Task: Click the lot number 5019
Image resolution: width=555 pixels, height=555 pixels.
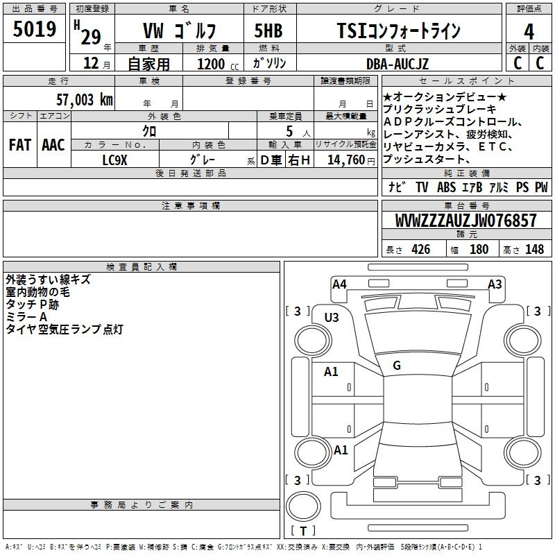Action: tap(34, 29)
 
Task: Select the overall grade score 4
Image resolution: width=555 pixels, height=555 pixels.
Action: tap(529, 32)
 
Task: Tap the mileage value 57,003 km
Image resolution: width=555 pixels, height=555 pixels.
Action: tap(85, 100)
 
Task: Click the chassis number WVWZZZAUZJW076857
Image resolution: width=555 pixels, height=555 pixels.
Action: tap(466, 221)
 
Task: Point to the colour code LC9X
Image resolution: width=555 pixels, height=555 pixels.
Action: tap(114, 160)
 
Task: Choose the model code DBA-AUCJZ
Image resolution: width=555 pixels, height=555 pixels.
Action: tap(398, 64)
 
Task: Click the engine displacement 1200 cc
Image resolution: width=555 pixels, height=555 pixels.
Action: tap(218, 64)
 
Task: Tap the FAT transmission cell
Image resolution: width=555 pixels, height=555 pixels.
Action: tap(20, 145)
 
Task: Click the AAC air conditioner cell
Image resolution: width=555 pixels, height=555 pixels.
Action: tap(53, 145)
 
